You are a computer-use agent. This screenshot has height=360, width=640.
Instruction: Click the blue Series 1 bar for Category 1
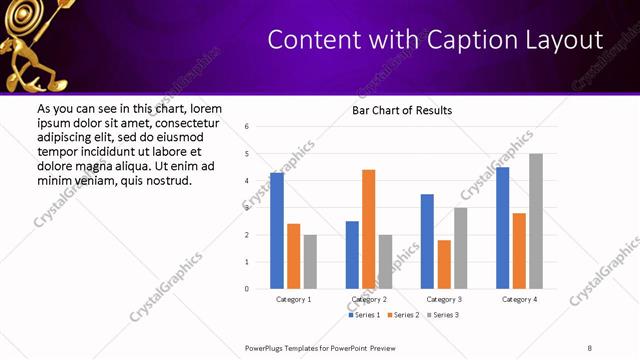(x=277, y=231)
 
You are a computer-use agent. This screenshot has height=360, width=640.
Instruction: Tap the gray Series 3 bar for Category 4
(x=536, y=221)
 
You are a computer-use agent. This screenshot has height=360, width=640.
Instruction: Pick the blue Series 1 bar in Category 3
(x=427, y=241)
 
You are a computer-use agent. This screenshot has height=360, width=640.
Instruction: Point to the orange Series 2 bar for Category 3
(x=444, y=264)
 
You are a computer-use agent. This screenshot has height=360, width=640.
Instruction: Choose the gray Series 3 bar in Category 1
(x=310, y=261)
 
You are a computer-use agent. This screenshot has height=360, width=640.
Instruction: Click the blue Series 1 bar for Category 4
(x=502, y=228)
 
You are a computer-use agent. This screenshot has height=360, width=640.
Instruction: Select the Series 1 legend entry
(x=364, y=315)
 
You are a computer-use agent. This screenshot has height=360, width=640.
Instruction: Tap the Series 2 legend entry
(x=403, y=315)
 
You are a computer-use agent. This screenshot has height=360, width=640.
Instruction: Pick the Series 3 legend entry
(x=443, y=315)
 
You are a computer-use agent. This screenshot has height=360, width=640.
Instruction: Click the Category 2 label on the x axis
(x=369, y=299)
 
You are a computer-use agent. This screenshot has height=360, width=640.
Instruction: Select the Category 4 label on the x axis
(x=519, y=299)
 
